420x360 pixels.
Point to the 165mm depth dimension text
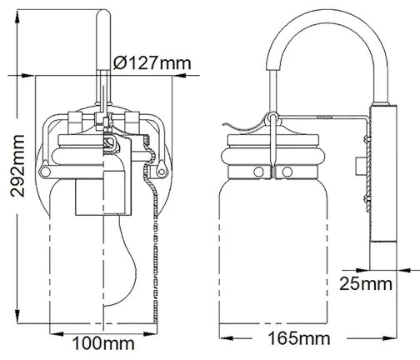297,339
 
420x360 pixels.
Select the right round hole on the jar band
287,172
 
